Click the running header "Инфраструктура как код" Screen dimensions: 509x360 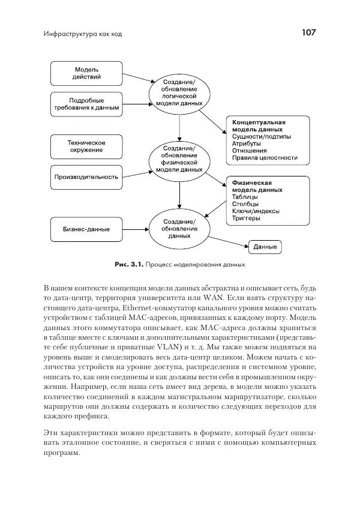click(83, 34)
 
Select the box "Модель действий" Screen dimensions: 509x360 click(87, 74)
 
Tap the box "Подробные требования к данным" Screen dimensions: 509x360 click(87, 104)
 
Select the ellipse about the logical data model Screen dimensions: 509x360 click(179, 92)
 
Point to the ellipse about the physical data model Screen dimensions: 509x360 click(179, 159)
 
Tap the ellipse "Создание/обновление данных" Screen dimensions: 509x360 click(179, 229)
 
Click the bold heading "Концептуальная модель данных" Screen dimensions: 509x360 click(257, 125)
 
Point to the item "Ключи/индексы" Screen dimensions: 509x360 click(255, 211)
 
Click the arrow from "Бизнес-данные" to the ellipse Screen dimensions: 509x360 click(136, 229)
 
